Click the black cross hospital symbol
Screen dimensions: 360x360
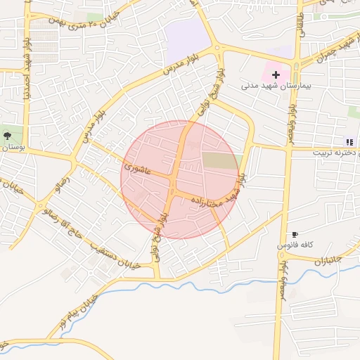point(276,74)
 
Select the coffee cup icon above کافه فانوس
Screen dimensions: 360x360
point(295,234)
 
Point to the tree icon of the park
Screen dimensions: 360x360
point(7,134)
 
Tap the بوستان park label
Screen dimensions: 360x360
point(13,148)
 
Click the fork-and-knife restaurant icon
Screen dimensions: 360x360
point(349,141)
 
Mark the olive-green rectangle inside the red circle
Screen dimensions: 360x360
point(220,160)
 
